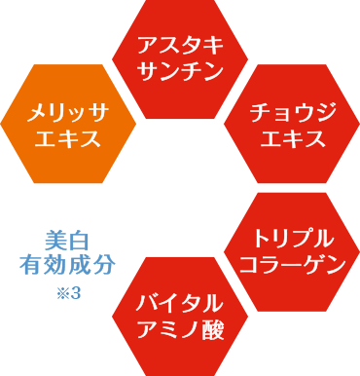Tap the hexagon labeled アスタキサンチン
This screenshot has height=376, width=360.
[180, 58]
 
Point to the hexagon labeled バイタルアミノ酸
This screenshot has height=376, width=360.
[180, 316]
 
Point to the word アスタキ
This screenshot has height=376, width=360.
[180, 46]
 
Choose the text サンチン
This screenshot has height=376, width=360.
[180, 71]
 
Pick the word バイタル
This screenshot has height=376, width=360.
[180, 303]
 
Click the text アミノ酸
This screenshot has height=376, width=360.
[180, 329]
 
